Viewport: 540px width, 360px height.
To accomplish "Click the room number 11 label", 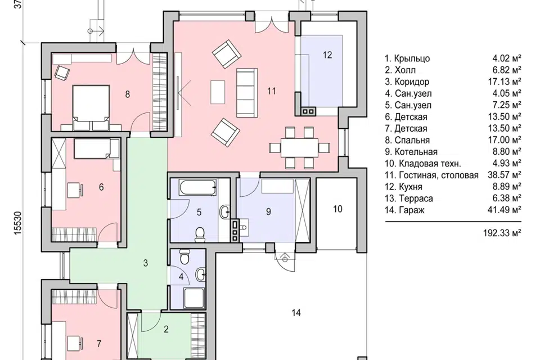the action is pyautogui.click(x=271, y=91).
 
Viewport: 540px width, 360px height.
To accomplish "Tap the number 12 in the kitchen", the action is pyautogui.click(x=327, y=55).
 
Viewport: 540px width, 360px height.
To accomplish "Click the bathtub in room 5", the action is pyautogui.click(x=197, y=187).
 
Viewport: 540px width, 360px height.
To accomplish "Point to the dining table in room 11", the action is pyautogui.click(x=300, y=148).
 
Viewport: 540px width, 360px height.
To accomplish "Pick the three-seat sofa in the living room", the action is pyautogui.click(x=246, y=92).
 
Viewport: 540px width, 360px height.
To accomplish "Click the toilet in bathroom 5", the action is pyautogui.click(x=199, y=234).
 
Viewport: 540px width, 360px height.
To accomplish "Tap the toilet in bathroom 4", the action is pyautogui.click(x=184, y=257).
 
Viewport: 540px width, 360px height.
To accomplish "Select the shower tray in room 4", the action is pyautogui.click(x=194, y=298).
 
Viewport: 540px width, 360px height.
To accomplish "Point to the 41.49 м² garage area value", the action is pyautogui.click(x=504, y=210).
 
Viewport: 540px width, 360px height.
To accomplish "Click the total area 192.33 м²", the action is pyautogui.click(x=502, y=233).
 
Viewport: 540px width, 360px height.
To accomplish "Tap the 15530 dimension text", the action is pyautogui.click(x=18, y=223).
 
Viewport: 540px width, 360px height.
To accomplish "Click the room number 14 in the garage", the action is pyautogui.click(x=296, y=313).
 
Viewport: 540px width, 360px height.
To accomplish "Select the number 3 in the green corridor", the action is pyautogui.click(x=145, y=263).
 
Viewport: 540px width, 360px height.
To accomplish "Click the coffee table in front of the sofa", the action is pyautogui.click(x=218, y=92).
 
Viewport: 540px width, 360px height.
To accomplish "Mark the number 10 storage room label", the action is pyautogui.click(x=337, y=209).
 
